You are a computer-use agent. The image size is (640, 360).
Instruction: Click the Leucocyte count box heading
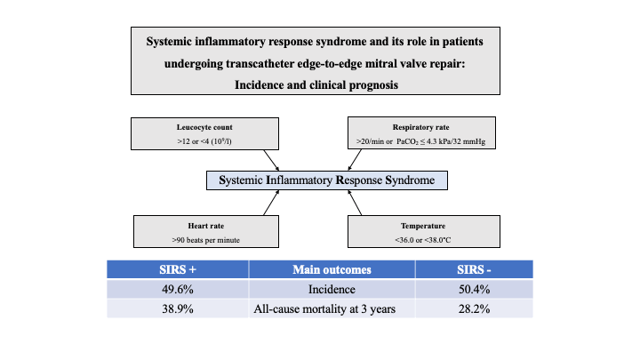click(x=204, y=127)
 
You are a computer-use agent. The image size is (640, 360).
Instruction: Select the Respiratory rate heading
click(x=420, y=127)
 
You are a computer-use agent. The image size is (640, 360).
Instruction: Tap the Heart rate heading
click(x=205, y=226)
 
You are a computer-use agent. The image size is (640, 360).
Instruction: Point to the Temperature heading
click(x=423, y=226)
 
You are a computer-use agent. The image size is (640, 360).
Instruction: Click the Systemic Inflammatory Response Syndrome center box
click(x=327, y=180)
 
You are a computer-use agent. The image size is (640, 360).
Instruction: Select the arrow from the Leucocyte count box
click(x=271, y=160)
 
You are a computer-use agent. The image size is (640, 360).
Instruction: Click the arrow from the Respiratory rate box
click(x=355, y=160)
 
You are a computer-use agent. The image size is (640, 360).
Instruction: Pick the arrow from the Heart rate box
click(x=271, y=203)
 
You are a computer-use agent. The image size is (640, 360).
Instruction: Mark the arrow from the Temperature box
click(x=355, y=203)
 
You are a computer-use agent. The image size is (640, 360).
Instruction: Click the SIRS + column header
click(x=178, y=269)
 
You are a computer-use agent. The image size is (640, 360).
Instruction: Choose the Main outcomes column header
click(x=332, y=269)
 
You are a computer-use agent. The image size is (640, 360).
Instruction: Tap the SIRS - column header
click(x=474, y=269)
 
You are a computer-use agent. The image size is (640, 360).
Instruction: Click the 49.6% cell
click(x=178, y=290)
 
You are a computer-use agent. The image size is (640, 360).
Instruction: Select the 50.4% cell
click(x=474, y=290)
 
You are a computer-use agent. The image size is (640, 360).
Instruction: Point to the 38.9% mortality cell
click(x=178, y=309)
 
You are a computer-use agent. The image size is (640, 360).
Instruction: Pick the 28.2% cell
click(x=474, y=309)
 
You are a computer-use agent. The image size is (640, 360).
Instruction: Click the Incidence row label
click(x=332, y=290)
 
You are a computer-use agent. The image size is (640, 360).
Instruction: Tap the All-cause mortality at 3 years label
click(x=324, y=309)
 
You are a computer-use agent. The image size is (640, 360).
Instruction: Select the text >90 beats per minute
click(x=205, y=240)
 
